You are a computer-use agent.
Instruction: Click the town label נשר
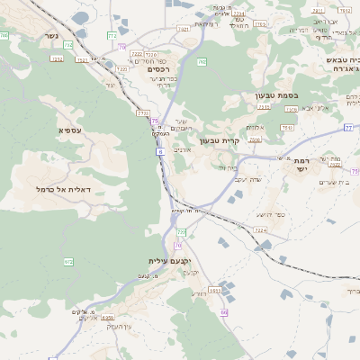point(51,36)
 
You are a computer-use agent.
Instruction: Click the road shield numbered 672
point(68,261)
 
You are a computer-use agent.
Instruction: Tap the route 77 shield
point(348,128)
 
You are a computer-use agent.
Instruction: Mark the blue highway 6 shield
point(160,153)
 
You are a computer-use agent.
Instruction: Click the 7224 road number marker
point(261,230)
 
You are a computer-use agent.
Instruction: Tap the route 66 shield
point(223,312)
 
